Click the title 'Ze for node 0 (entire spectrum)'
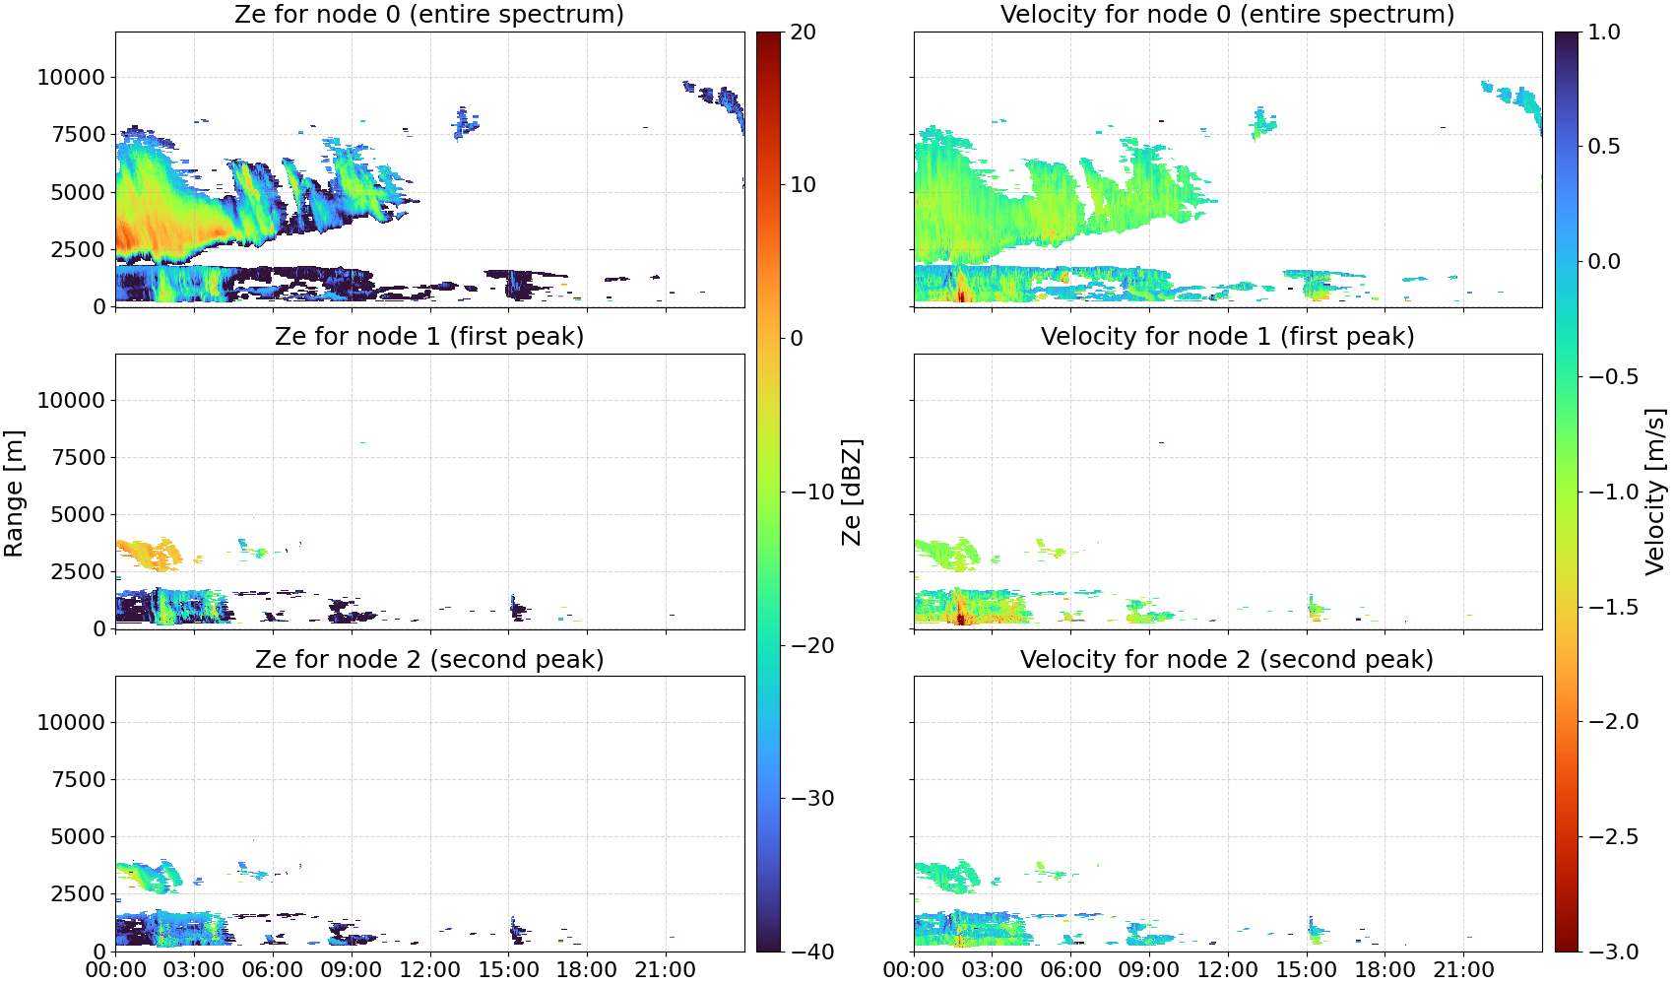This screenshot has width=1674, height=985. click(x=429, y=15)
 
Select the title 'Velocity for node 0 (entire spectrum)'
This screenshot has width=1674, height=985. click(x=1227, y=15)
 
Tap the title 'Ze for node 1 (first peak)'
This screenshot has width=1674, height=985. click(x=429, y=337)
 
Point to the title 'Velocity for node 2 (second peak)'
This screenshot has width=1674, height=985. click(x=1227, y=660)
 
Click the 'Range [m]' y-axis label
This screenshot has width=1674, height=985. click(x=14, y=493)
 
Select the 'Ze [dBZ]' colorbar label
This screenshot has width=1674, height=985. click(x=851, y=492)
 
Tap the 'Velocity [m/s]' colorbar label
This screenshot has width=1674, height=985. click(x=1656, y=492)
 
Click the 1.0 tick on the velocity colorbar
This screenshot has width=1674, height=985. click(x=1604, y=33)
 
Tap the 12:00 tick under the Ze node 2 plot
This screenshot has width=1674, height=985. click(x=429, y=970)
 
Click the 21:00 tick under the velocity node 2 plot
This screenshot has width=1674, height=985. click(x=1463, y=970)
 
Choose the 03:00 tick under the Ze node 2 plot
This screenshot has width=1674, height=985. click(x=194, y=970)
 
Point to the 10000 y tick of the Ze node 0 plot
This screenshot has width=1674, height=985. click(x=72, y=77)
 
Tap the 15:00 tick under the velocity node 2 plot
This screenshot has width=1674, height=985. click(x=1307, y=970)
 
